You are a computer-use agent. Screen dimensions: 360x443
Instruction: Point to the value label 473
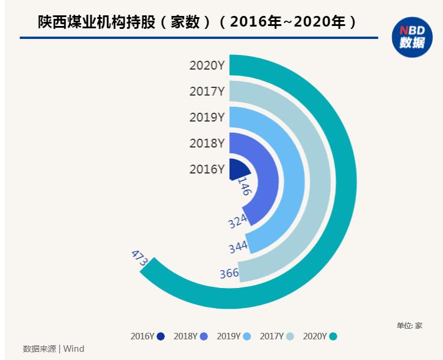[139, 258]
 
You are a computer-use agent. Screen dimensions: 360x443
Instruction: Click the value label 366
[229, 273]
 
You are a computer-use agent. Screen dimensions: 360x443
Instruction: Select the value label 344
[238, 247]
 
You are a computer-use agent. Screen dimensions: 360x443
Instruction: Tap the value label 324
[237, 221]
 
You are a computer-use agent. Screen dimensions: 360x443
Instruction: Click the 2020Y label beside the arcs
[207, 66]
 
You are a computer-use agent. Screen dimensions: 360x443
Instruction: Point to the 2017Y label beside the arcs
[207, 91]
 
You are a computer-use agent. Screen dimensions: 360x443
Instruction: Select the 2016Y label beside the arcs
[207, 169]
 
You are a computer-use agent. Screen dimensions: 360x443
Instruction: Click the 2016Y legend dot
[161, 336]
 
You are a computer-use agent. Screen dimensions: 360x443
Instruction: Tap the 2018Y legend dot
[204, 336]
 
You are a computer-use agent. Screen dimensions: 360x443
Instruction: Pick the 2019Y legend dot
[247, 336]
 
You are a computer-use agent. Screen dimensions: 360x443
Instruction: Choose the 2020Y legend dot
[333, 336]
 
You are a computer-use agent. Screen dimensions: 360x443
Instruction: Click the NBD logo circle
[412, 37]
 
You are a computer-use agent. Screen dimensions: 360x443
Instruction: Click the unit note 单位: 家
[409, 325]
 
